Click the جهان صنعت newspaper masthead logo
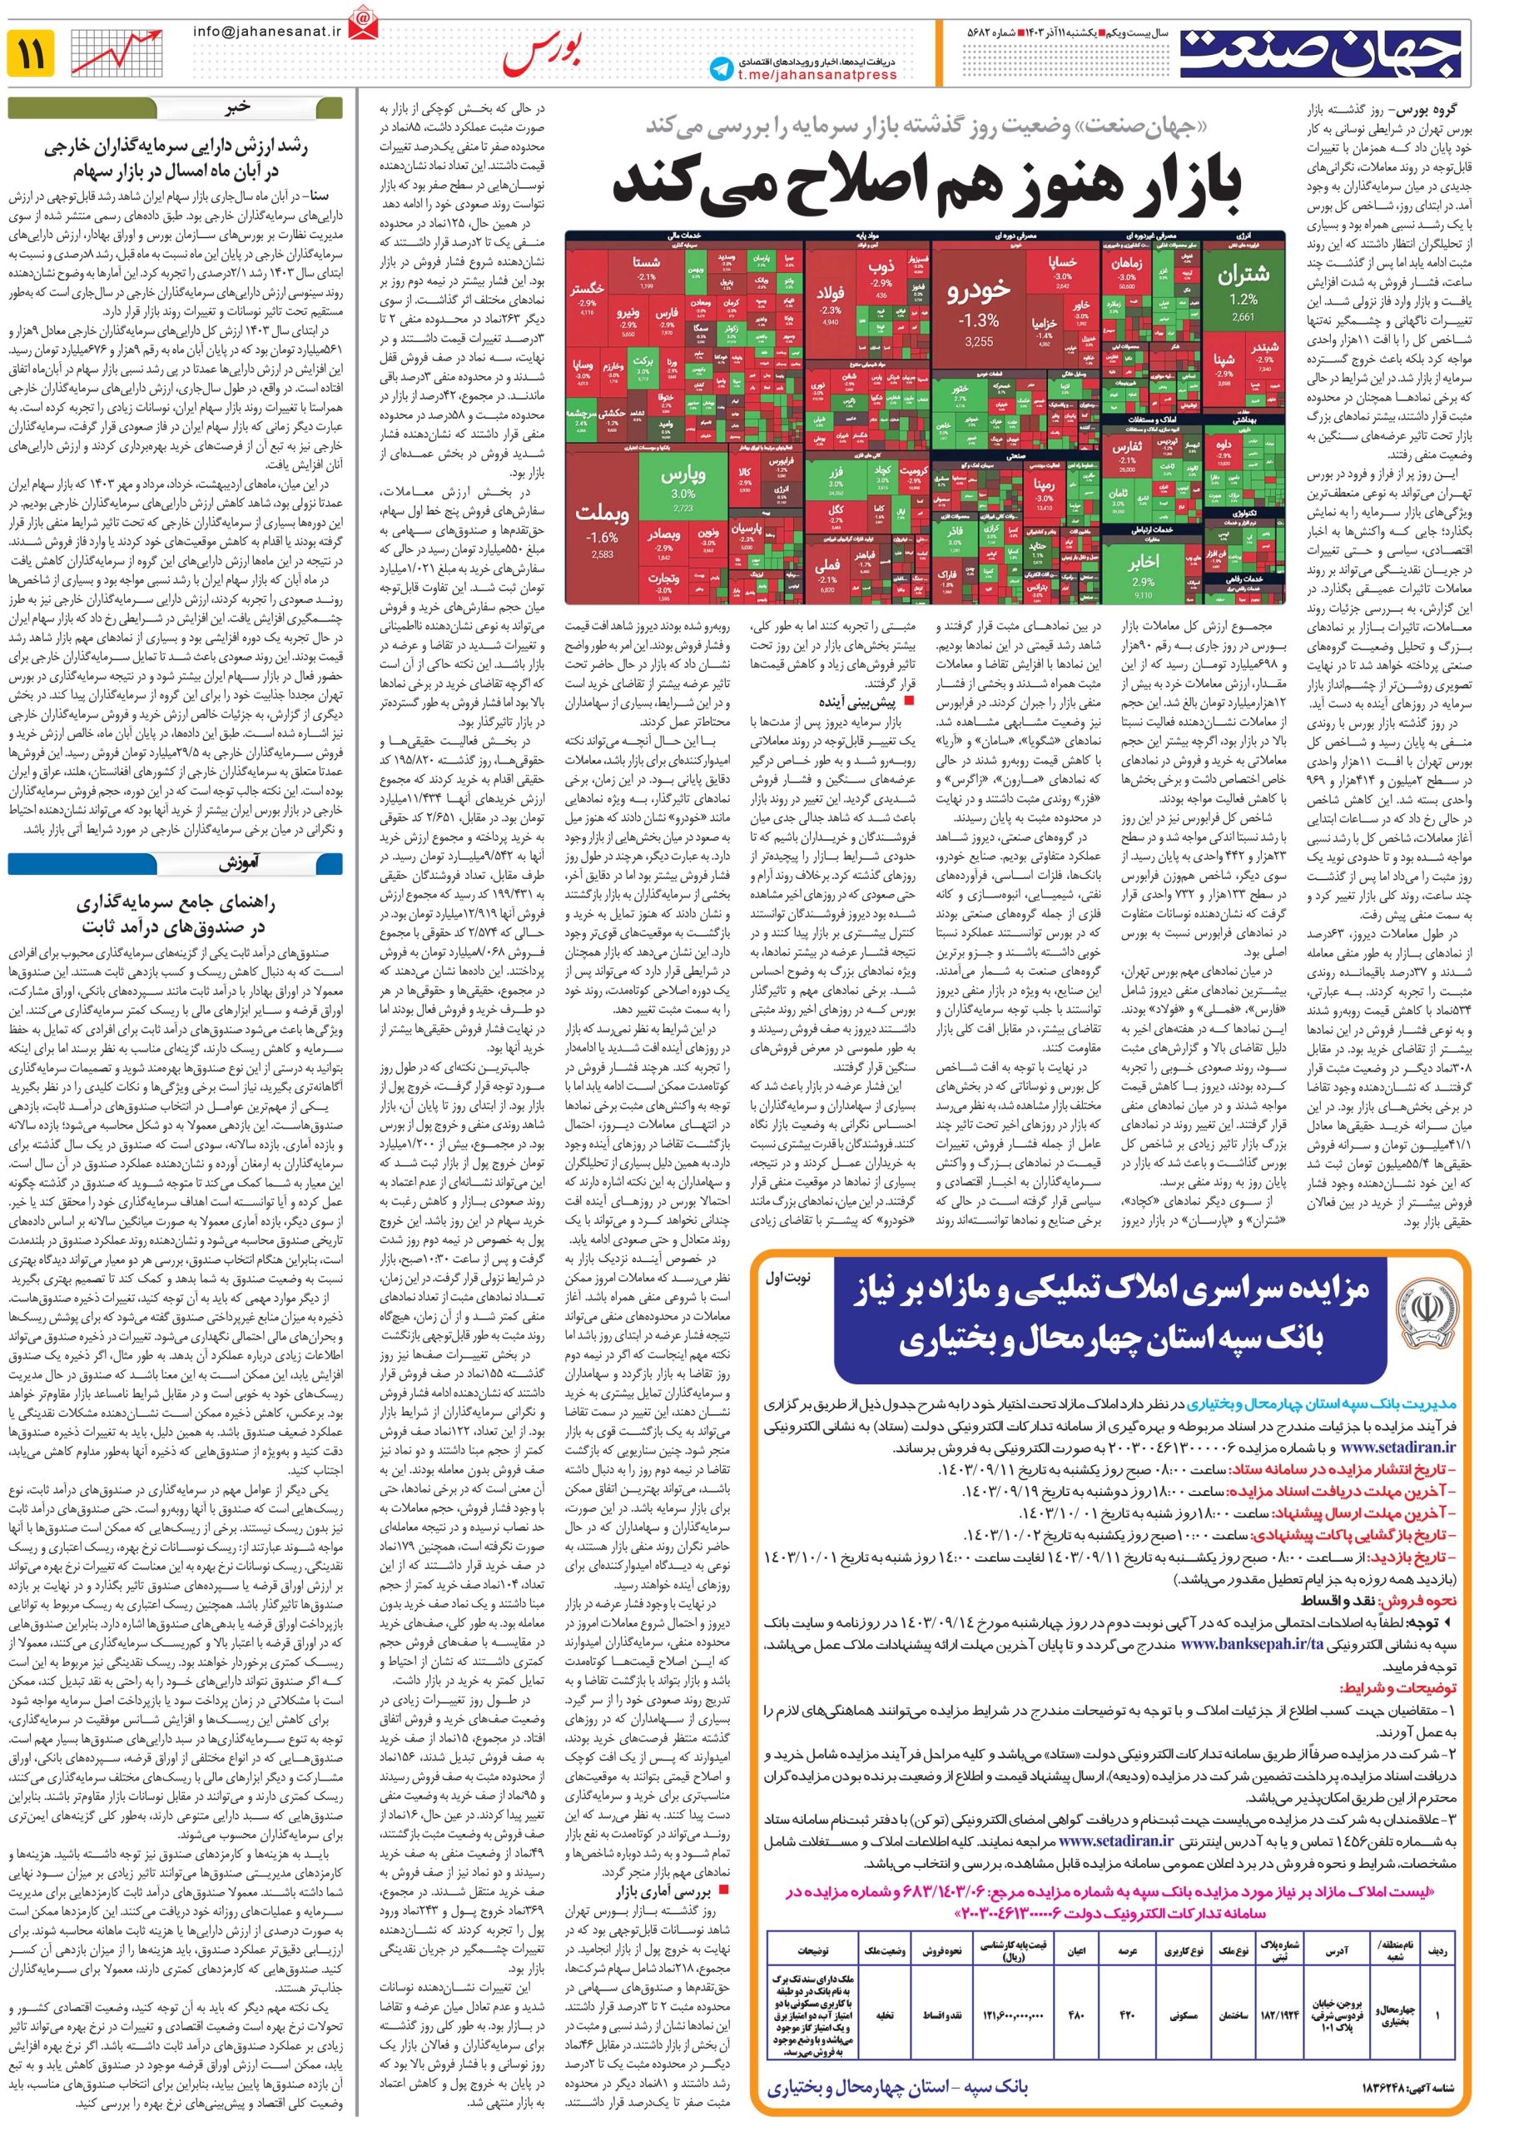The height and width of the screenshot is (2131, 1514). click(1324, 54)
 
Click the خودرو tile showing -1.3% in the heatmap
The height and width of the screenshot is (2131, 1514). click(978, 308)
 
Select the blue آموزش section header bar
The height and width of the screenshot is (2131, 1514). click(176, 864)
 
